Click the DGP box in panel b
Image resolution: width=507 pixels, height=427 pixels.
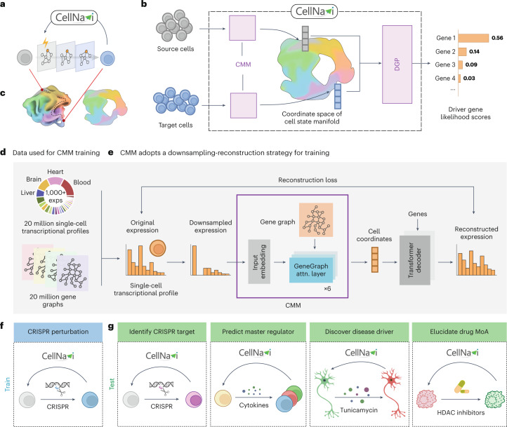pyautogui.click(x=397, y=65)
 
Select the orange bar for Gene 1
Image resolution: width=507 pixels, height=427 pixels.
pyautogui.click(x=473, y=38)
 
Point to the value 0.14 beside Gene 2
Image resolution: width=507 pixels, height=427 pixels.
pyautogui.click(x=474, y=52)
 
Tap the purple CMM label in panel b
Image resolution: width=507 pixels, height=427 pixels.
pyautogui.click(x=243, y=65)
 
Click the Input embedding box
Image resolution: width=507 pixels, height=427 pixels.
pyautogui.click(x=259, y=262)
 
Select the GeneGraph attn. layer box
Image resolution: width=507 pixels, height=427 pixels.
pyautogui.click(x=311, y=270)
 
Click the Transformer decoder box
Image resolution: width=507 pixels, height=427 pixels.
pyautogui.click(x=415, y=260)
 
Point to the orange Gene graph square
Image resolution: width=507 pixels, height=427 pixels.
pyautogui.click(x=316, y=219)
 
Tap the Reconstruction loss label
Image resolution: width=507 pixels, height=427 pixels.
pyautogui.click(x=308, y=180)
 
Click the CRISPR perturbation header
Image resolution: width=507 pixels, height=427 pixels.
pyautogui.click(x=58, y=332)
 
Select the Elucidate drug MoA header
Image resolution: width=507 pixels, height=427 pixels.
pyautogui.click(x=459, y=332)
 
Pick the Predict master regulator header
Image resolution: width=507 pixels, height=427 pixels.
pyautogui.click(x=258, y=332)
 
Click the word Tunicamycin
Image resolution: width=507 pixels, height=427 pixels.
pyautogui.click(x=359, y=410)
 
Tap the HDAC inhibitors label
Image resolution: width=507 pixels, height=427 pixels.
pyautogui.click(x=461, y=412)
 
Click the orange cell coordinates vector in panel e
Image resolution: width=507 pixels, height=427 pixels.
pyautogui.click(x=375, y=260)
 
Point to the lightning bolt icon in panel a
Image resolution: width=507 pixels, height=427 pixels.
pyautogui.click(x=46, y=43)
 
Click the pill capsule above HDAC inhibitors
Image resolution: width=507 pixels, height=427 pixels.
pyautogui.click(x=461, y=387)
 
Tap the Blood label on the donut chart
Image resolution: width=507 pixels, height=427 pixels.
pyautogui.click(x=81, y=182)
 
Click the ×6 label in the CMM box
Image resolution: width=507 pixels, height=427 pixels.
pyautogui.click(x=327, y=289)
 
